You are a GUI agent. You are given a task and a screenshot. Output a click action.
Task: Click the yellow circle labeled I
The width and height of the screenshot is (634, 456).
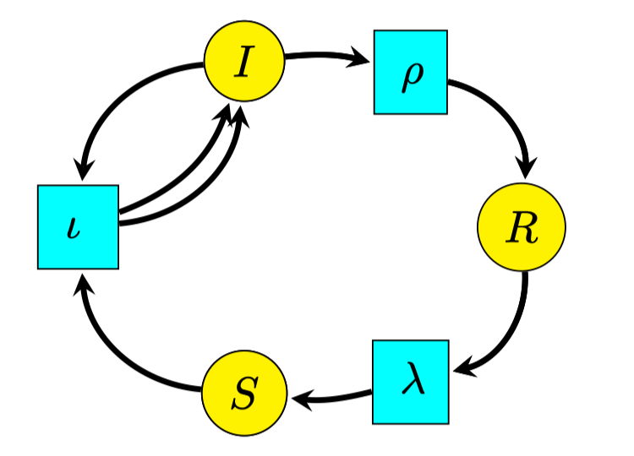pos(243,62)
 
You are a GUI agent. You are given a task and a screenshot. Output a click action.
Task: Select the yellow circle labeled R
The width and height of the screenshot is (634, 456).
pos(521,228)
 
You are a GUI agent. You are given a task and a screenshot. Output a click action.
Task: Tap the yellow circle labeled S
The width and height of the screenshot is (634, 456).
pos(243,394)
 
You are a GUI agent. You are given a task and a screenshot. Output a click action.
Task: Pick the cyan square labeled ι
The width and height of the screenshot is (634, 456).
pos(78,226)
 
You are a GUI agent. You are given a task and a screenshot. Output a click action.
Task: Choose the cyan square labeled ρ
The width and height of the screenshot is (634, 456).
pos(411,72)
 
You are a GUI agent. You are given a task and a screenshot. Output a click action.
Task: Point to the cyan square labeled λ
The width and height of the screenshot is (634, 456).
pos(411,382)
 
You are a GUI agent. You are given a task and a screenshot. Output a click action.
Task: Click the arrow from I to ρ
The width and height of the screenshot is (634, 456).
pos(325,57)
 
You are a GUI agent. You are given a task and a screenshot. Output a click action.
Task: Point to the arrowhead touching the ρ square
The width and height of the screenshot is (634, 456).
pos(362,58)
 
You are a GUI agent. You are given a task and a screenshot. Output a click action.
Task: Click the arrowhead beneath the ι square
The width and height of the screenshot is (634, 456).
pos(81,283)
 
